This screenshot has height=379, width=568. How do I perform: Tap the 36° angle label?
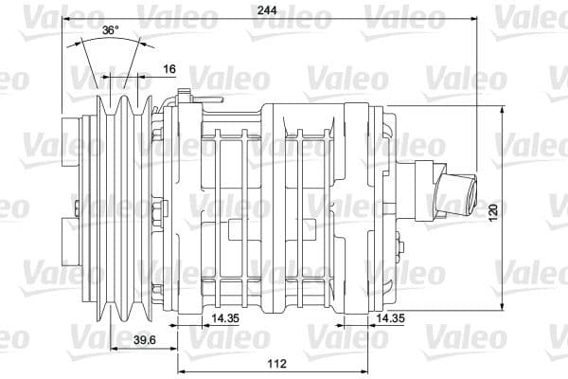click(x=111, y=30)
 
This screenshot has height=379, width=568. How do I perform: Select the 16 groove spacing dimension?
click(x=169, y=68)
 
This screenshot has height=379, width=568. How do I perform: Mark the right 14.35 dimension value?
click(x=390, y=318)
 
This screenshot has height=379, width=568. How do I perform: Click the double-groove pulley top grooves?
click(x=120, y=102)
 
